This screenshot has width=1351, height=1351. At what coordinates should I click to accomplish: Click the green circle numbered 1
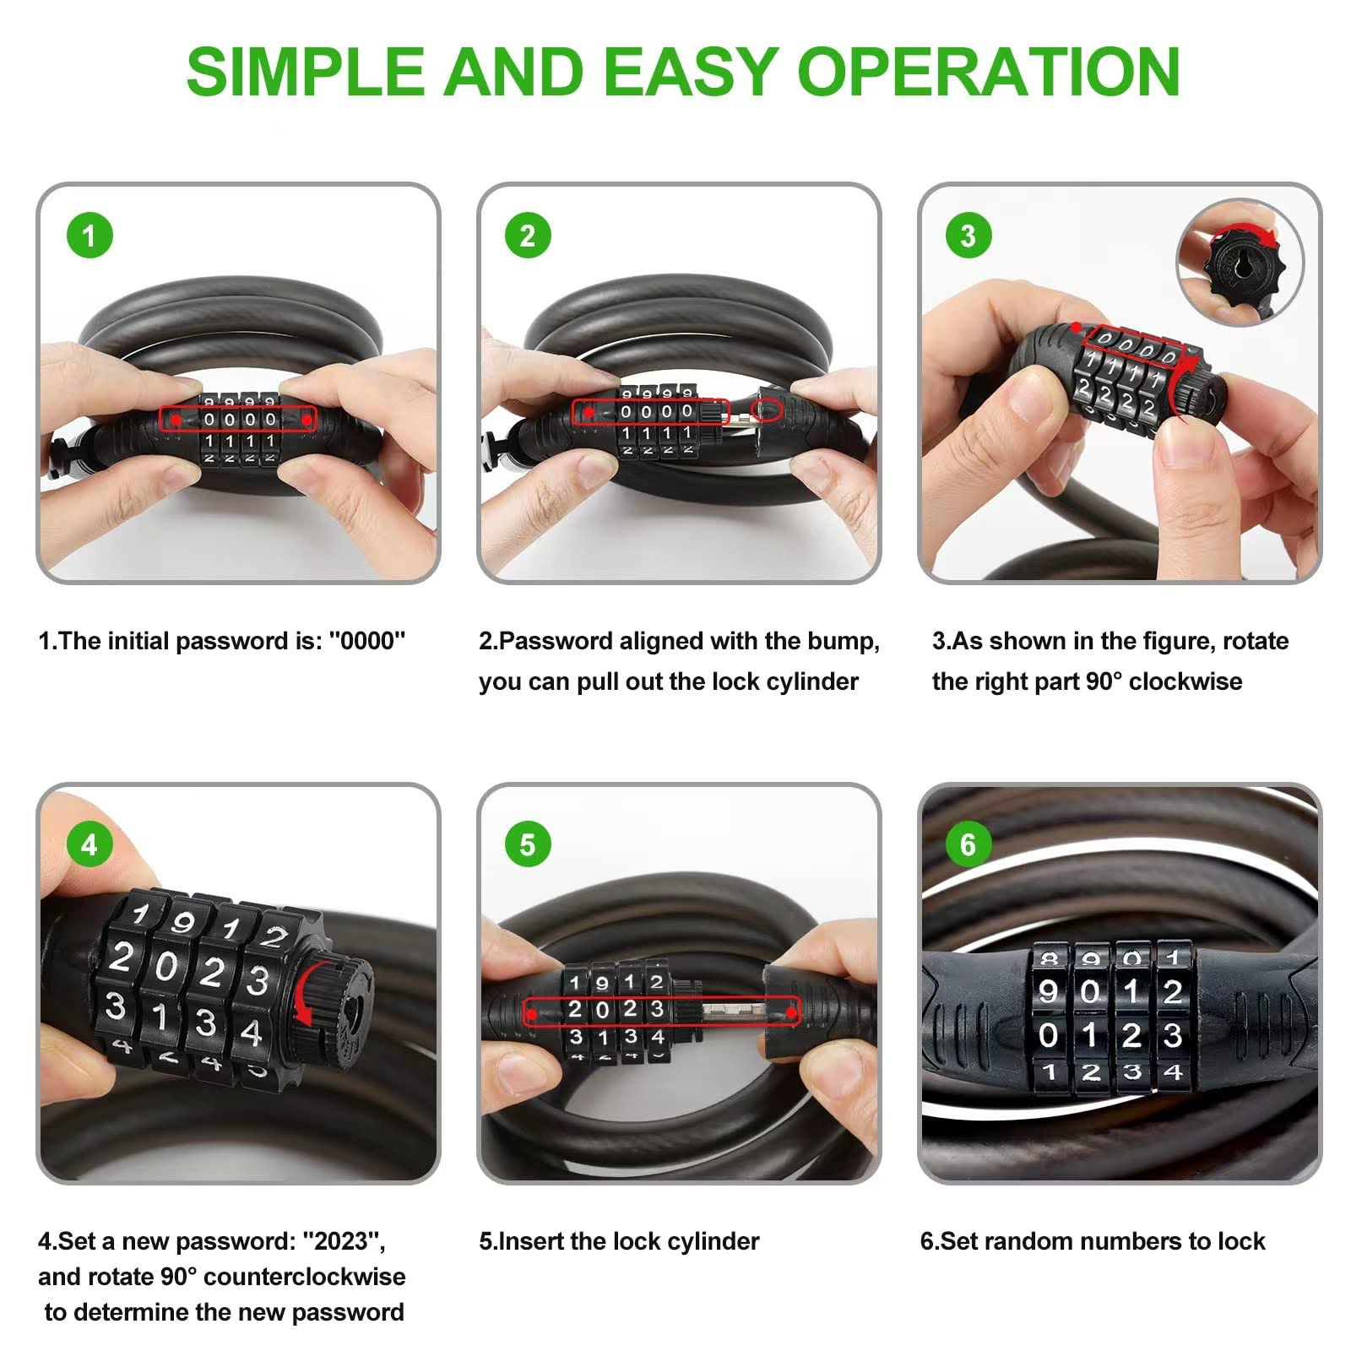pyautogui.click(x=90, y=236)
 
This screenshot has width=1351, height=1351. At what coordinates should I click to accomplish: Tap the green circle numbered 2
pyautogui.click(x=528, y=236)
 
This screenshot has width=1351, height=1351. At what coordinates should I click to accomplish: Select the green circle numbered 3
pyautogui.click(x=968, y=236)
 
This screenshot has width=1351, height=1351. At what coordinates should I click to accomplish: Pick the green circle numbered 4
pyautogui.click(x=90, y=844)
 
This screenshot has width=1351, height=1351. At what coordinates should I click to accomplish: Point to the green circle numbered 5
pyautogui.click(x=528, y=844)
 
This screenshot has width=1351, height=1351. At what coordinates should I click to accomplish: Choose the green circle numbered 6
pyautogui.click(x=968, y=844)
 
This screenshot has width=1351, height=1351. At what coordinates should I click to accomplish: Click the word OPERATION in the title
pyautogui.click(x=989, y=71)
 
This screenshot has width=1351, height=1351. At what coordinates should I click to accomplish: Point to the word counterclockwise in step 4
pyautogui.click(x=305, y=1277)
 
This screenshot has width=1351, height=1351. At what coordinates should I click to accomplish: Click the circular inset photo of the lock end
pyautogui.click(x=1240, y=262)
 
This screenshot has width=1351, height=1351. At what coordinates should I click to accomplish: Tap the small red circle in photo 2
pyautogui.click(x=768, y=410)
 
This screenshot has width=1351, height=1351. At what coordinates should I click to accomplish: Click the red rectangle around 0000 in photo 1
pyautogui.click(x=238, y=419)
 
